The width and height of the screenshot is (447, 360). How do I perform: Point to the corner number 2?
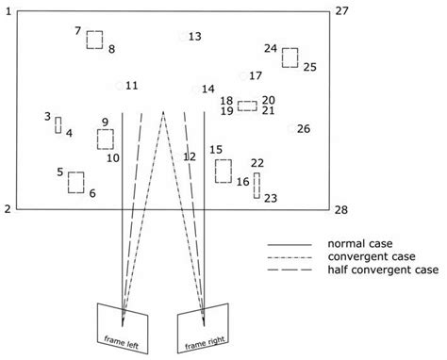(x=8, y=208)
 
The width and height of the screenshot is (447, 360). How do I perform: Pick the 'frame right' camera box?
(x=204, y=327)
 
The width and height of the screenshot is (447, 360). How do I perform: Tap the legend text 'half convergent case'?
(x=381, y=270)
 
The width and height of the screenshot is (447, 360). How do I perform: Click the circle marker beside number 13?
(x=182, y=37)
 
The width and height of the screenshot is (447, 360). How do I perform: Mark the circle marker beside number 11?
(x=118, y=86)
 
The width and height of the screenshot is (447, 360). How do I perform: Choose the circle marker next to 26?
(x=291, y=129)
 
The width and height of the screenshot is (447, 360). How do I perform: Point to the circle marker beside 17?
(x=243, y=76)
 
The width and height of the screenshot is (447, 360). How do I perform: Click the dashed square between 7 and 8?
(x=94, y=40)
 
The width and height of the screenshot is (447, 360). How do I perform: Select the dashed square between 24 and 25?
(x=290, y=57)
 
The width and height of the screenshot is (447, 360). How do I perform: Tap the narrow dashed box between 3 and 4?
(x=58, y=125)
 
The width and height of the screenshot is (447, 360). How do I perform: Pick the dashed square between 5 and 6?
(x=76, y=182)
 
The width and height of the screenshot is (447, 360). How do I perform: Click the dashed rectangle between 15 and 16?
(x=223, y=171)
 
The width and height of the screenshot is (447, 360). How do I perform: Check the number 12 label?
(x=190, y=156)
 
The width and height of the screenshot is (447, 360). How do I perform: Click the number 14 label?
(x=208, y=89)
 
